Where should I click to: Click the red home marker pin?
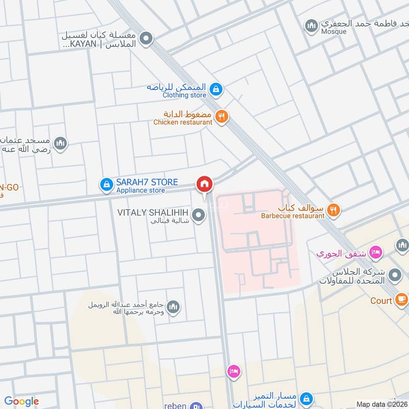point(204,184)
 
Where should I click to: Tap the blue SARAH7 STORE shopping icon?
point(106,185)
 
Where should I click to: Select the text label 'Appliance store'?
point(141,191)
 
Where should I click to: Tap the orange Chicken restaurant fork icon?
point(221,117)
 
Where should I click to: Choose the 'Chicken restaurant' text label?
point(183,122)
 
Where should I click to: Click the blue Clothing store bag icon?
point(216,89)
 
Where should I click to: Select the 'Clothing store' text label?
point(185,95)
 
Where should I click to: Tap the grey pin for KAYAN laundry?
point(147,38)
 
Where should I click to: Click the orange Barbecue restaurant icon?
point(333,209)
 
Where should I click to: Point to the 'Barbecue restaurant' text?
point(292,216)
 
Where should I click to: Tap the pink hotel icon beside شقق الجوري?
point(376,252)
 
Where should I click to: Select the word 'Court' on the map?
point(381,301)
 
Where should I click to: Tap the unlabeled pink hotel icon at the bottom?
point(233,371)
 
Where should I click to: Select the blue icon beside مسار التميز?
point(306,397)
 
